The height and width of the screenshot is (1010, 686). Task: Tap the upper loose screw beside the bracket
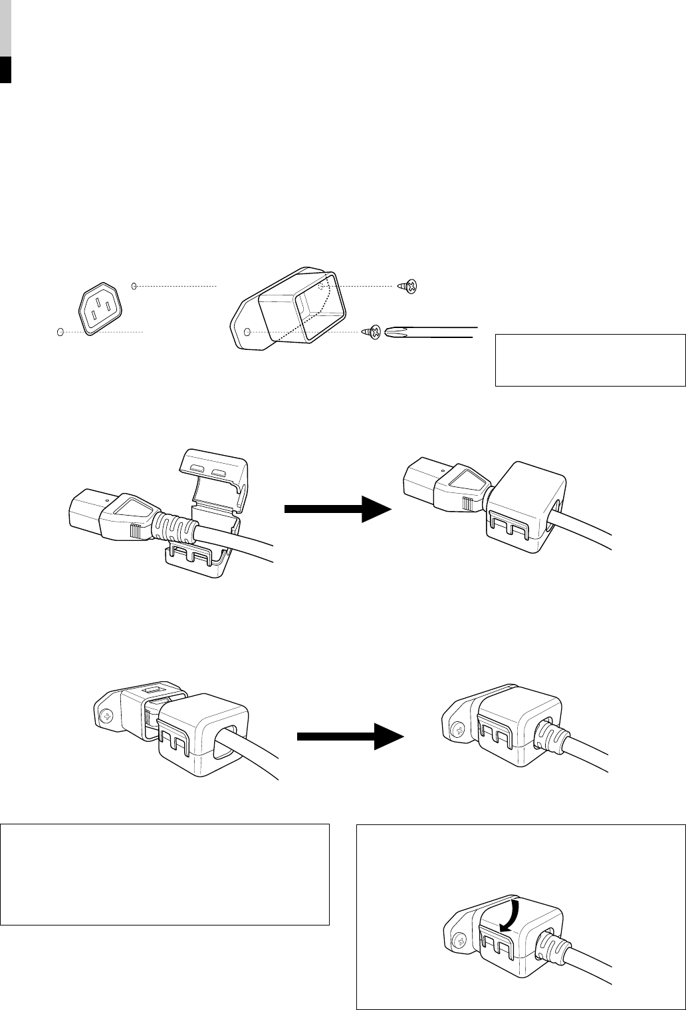[407, 287]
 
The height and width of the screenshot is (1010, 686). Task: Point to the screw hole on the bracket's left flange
[247, 331]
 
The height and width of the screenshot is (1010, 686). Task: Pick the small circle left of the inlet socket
[60, 331]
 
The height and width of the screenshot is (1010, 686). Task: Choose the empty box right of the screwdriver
[590, 360]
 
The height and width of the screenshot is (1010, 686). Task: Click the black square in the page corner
[6, 70]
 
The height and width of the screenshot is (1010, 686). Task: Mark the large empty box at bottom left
[165, 874]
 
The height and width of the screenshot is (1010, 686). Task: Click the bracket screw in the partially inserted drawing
[106, 717]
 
